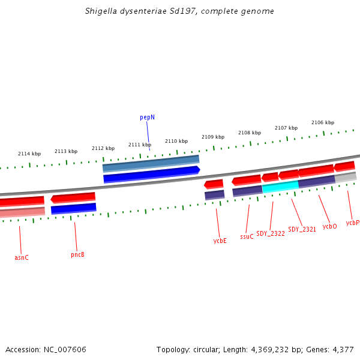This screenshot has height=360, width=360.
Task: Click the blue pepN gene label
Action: pyautogui.click(x=148, y=118)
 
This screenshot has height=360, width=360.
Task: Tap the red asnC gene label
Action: pyautogui.click(x=22, y=257)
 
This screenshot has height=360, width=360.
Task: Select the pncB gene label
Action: pyautogui.click(x=77, y=254)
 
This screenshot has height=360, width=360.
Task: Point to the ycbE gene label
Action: pyautogui.click(x=220, y=241)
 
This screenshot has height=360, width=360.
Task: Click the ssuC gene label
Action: pyautogui.click(x=247, y=236)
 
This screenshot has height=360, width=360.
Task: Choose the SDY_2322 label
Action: pyautogui.click(x=271, y=233)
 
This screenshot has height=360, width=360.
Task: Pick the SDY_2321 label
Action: pyautogui.click(x=302, y=229)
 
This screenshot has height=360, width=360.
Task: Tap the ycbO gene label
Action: pyautogui.click(x=329, y=226)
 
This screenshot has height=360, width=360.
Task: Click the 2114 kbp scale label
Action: pyautogui.click(x=29, y=154)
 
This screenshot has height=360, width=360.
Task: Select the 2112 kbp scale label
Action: pyautogui.click(x=103, y=148)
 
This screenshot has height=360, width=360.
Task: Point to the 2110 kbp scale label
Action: pyautogui.click(x=176, y=141)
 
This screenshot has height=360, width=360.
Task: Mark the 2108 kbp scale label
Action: pyautogui.click(x=250, y=133)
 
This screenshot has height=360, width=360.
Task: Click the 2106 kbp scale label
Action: pyautogui.click(x=323, y=122)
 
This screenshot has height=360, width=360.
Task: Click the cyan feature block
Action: pyautogui.click(x=280, y=187)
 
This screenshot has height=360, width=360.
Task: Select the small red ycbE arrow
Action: pyautogui.click(x=214, y=184)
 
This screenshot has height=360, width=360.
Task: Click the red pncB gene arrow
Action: pyautogui.click(x=73, y=197)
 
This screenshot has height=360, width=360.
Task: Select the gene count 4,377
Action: pyautogui.click(x=342, y=349)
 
